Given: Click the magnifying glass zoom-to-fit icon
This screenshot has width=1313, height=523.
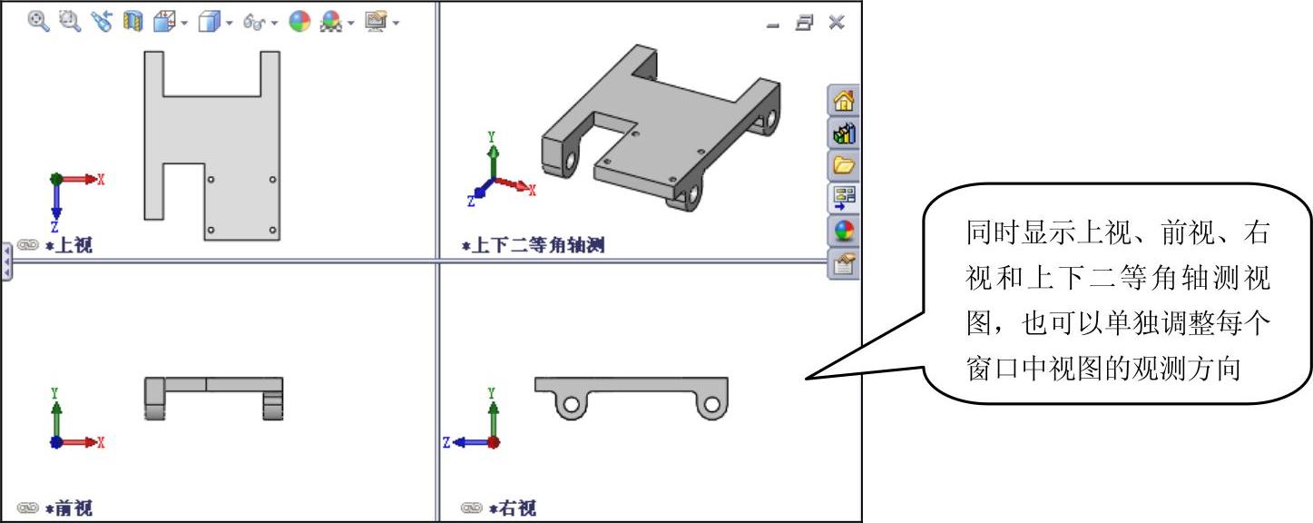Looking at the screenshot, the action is coord(39,22).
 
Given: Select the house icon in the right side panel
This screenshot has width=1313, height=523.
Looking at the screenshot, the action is coord(844,100).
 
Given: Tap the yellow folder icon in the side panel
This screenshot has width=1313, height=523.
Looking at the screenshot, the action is coord(844,164).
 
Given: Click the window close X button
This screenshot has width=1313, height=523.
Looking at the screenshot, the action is coord(837,23).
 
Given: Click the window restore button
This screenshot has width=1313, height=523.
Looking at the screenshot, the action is coord(804,23).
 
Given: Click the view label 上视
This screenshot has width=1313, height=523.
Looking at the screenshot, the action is coord(73,245).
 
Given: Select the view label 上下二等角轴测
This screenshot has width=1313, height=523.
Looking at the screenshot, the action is coord(537,245).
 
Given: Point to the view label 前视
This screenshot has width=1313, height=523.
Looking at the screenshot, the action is coord(73,508).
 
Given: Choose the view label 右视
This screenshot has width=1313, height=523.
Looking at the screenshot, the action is coord(517,508).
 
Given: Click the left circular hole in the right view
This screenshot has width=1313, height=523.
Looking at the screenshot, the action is coord(571,405).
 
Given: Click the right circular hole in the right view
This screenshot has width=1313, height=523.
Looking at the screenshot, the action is coord(711,405).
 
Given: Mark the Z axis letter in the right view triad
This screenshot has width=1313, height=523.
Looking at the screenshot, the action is coord(446,443).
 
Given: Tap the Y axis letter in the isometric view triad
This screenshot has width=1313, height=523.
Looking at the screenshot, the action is coord(491,136).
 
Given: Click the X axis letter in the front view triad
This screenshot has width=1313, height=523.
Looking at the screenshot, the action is coord(101,442).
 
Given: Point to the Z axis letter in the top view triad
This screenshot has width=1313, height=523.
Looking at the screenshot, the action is coord(54,227).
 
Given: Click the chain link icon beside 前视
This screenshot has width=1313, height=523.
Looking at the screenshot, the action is coord(27,508).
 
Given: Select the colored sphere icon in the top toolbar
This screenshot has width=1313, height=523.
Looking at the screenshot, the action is coord(299,22).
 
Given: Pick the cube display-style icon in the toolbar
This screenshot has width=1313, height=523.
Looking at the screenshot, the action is coord(209,22).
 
